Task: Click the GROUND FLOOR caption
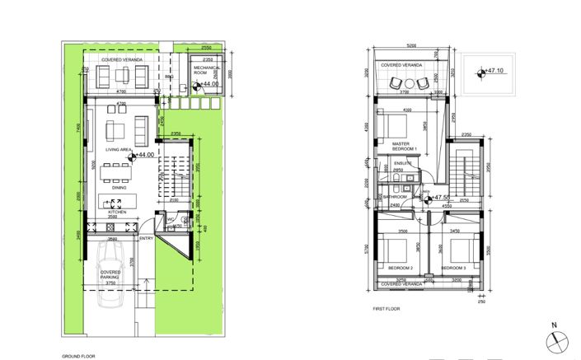(x=78, y=356)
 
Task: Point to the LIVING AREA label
(x=118, y=149)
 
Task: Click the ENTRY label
(x=147, y=239)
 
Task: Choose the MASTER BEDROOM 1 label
(x=405, y=147)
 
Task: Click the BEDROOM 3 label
(x=452, y=269)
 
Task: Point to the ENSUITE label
(x=402, y=164)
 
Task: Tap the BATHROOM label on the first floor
(x=395, y=198)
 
